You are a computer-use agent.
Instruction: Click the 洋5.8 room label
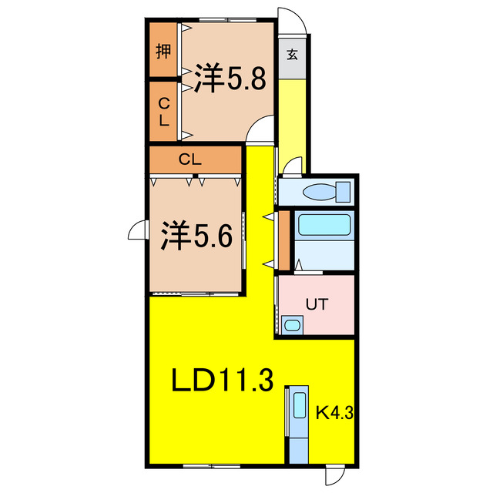tap(230, 78)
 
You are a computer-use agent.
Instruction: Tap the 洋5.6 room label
tap(197, 236)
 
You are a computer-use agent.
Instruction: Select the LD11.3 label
tap(222, 380)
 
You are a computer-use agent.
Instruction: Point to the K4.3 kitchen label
tap(334, 413)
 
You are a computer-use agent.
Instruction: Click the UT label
tap(317, 304)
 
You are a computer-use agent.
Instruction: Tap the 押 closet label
tap(163, 51)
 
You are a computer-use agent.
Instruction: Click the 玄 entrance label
tap(292, 55)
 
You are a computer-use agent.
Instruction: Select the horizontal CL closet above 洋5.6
tap(195, 159)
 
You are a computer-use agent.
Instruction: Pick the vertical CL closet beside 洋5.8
tap(163, 111)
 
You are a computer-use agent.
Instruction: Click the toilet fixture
tap(327, 192)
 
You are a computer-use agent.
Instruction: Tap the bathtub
tap(324, 224)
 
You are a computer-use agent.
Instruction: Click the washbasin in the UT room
tap(293, 325)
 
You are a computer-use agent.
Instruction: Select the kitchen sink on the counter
tap(300, 405)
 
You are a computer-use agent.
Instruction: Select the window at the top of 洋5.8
tap(228, 20)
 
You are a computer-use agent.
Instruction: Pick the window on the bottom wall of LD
tap(211, 466)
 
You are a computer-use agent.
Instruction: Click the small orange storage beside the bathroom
tap(284, 240)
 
